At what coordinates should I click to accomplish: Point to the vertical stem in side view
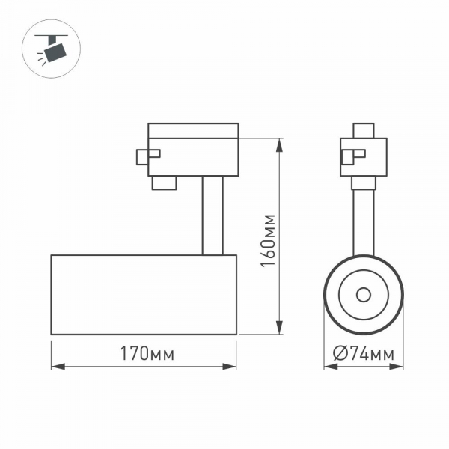[x=212, y=216]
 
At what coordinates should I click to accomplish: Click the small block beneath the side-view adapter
[x=165, y=183]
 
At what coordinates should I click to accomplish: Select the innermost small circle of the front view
[x=364, y=294]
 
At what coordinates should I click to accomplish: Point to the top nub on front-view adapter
[x=364, y=131]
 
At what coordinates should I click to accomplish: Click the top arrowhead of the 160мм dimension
[x=280, y=142]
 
